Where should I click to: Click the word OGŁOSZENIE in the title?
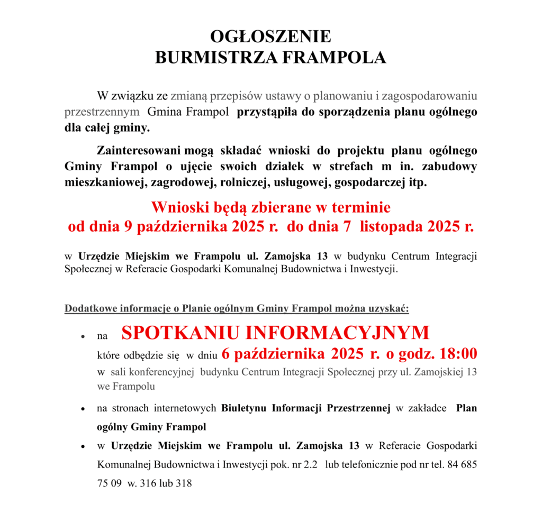270,36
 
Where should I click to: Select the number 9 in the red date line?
127,227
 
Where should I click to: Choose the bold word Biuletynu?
245,408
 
